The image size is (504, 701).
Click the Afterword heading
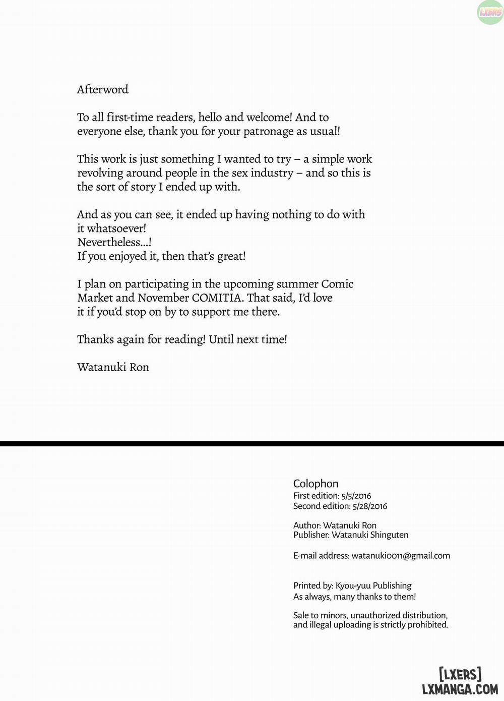(103, 89)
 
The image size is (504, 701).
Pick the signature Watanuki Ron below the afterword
(113, 367)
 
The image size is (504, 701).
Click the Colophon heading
(316, 484)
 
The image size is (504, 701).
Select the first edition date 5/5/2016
(356, 496)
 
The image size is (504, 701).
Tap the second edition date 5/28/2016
(370, 506)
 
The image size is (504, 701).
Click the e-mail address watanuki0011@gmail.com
(401, 555)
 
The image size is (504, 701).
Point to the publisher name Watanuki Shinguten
(370, 535)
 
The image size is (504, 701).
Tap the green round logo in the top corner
(490, 12)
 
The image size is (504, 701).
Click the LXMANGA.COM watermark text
(460, 689)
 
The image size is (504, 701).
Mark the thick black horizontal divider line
(252, 443)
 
